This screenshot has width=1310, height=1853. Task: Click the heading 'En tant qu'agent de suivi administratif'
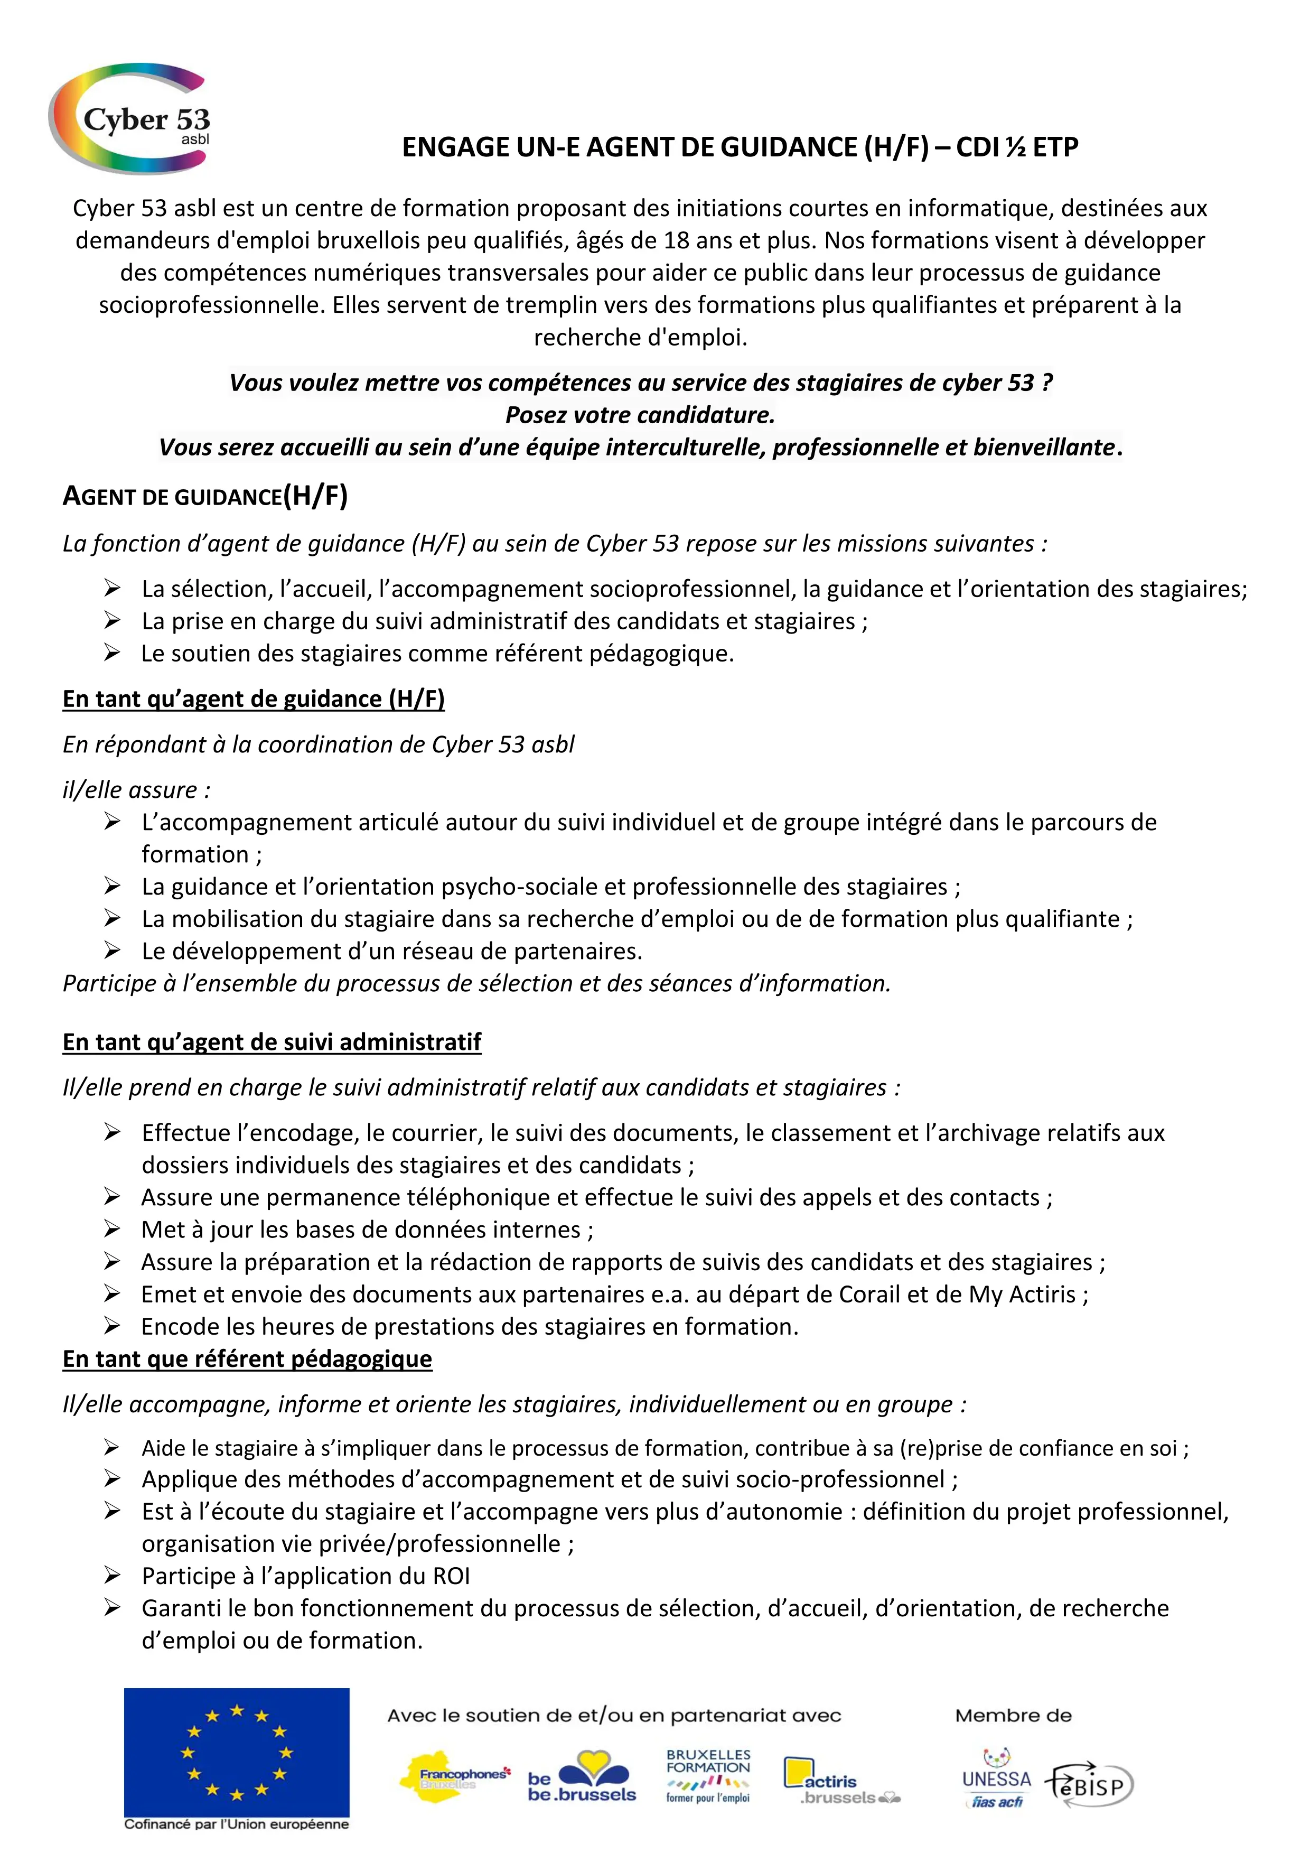[x=272, y=1042]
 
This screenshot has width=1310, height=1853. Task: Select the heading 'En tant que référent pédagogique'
[x=247, y=1359]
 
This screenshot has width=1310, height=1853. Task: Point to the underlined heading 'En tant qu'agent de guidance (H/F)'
[x=254, y=699]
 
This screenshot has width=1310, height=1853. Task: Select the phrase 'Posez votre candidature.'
[x=640, y=415]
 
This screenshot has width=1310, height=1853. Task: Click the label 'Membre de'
[x=1013, y=1716]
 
